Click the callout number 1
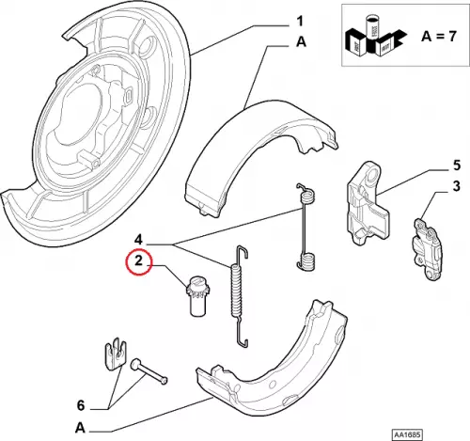coord(300,22)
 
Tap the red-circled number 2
coord(139,260)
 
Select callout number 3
coord(457,186)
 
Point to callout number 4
coord(139,241)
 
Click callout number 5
coord(457,165)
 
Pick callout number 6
coord(81,406)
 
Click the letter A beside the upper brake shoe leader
coord(301,42)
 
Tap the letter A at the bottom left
coord(80,428)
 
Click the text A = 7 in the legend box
coord(439,37)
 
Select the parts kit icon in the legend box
coord(375,36)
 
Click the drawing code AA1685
coord(407,434)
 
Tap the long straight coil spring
coord(240,296)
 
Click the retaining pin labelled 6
coord(149,371)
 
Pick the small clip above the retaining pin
coord(115,354)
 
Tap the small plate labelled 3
coord(427,247)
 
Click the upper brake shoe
coord(261,158)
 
